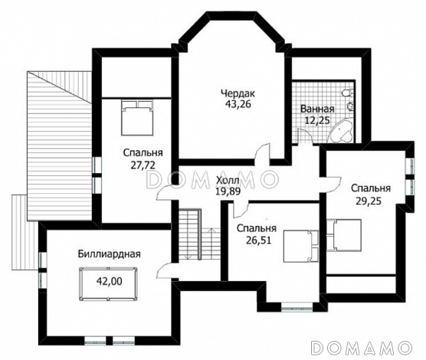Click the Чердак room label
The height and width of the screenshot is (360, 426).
tap(238, 93)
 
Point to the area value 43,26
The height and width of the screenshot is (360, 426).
tap(238, 104)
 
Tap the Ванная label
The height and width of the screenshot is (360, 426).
tap(317, 109)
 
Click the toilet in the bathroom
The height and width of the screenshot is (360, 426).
tap(348, 93)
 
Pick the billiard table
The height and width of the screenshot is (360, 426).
tap(108, 284)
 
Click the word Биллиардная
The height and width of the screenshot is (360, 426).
tap(110, 254)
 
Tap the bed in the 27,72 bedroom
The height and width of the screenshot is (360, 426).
tap(137, 117)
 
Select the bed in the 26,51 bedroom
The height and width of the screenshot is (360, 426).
tap(301, 246)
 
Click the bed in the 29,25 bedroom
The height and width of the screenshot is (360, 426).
tap(344, 234)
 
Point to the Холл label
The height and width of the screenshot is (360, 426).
tap(228, 180)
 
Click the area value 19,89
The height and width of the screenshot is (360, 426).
tap(228, 191)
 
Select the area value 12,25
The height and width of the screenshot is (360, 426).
tap(317, 119)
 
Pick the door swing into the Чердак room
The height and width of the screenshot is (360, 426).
tap(263, 153)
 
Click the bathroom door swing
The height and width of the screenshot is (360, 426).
tap(305, 136)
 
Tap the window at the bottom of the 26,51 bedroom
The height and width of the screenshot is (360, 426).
tap(297, 307)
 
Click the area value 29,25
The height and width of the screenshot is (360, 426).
tap(368, 201)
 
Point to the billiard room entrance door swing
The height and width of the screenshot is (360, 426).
tap(167, 270)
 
